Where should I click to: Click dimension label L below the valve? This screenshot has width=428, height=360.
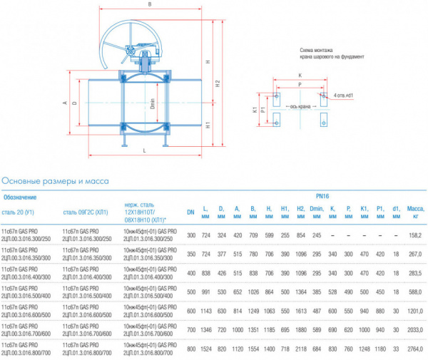[144, 150]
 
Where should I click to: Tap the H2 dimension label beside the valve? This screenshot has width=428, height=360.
[218, 82]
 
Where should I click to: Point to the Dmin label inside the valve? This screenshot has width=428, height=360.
[149, 102]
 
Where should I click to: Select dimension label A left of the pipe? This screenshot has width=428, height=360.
[64, 102]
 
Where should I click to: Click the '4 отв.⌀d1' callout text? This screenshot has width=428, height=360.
[345, 94]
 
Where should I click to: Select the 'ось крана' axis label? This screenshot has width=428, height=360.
[300, 107]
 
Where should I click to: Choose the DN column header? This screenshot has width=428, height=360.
[190, 212]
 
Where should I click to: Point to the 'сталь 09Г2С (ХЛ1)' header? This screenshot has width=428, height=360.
[85, 211]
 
